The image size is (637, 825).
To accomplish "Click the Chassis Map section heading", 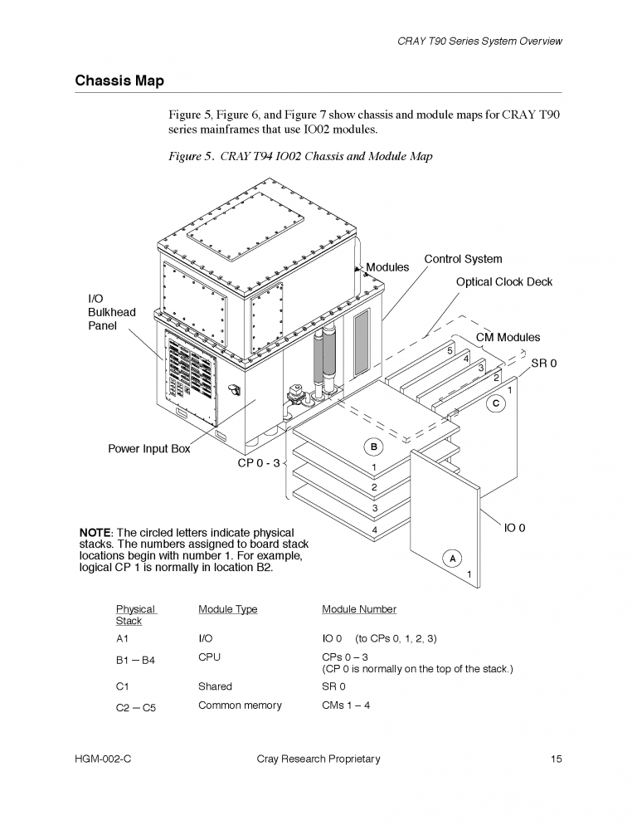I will [x=119, y=81].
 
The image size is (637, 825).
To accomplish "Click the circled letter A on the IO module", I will [x=452, y=558].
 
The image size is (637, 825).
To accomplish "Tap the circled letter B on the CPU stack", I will [x=374, y=447].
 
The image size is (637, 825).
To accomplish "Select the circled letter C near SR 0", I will [x=495, y=403].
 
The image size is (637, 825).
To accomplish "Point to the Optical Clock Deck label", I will [x=503, y=282].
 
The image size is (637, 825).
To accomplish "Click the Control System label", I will [x=463, y=259].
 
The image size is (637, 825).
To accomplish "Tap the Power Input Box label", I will [x=149, y=449].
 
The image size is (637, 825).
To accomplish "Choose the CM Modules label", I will [x=508, y=337].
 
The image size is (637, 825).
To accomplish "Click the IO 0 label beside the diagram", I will [x=514, y=528].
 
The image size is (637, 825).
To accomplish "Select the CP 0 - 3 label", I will [x=259, y=462].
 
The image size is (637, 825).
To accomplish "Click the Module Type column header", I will [x=227, y=609].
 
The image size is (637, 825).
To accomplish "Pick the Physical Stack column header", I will [x=134, y=614].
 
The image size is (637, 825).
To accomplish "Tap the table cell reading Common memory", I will [x=240, y=705].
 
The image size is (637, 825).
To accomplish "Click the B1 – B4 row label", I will [x=136, y=661].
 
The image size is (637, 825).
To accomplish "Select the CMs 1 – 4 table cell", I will [x=346, y=705].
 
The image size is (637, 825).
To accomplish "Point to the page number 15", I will [x=557, y=759].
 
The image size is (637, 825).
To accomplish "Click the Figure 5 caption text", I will [x=299, y=156].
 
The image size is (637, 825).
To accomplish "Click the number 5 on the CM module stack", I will [x=450, y=351].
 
